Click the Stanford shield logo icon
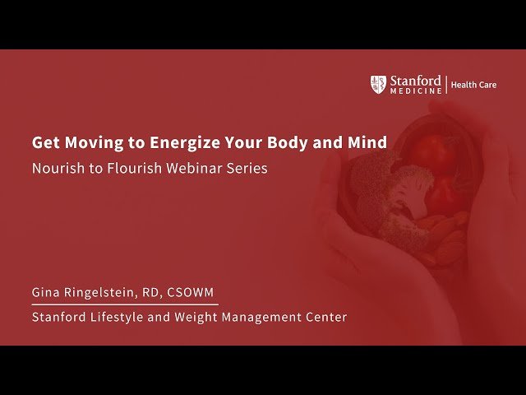(x=378, y=84)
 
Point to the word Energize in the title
(x=183, y=142)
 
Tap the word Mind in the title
(x=367, y=142)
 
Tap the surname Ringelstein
(x=104, y=292)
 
